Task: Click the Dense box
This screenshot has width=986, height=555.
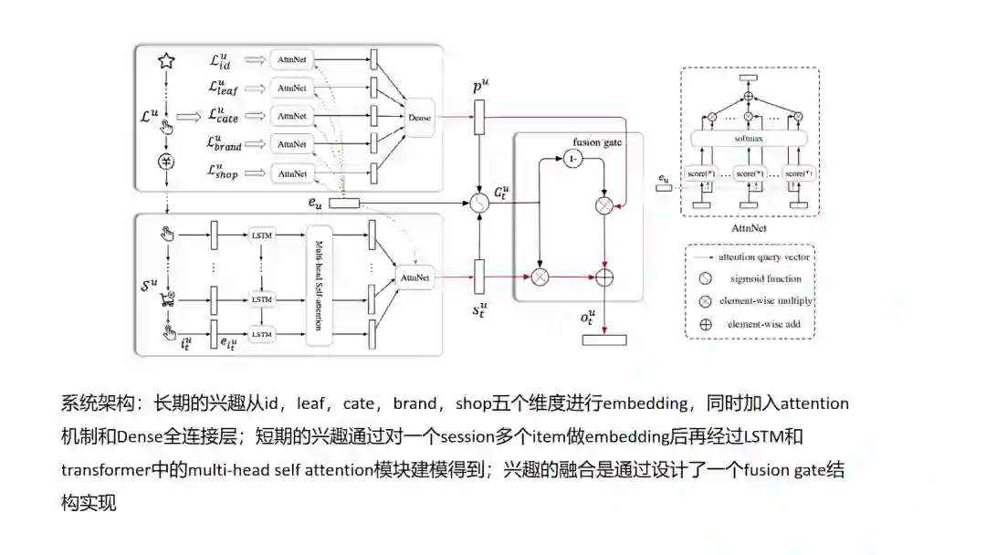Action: [420, 117]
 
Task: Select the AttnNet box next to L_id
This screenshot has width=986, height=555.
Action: [292, 60]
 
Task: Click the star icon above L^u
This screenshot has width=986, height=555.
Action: [166, 61]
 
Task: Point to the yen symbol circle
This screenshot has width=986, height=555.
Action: [167, 162]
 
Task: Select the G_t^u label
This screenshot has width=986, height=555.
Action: [501, 193]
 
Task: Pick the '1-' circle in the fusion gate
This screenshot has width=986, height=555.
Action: [572, 160]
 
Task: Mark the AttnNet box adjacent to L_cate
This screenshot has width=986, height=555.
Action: [292, 116]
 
